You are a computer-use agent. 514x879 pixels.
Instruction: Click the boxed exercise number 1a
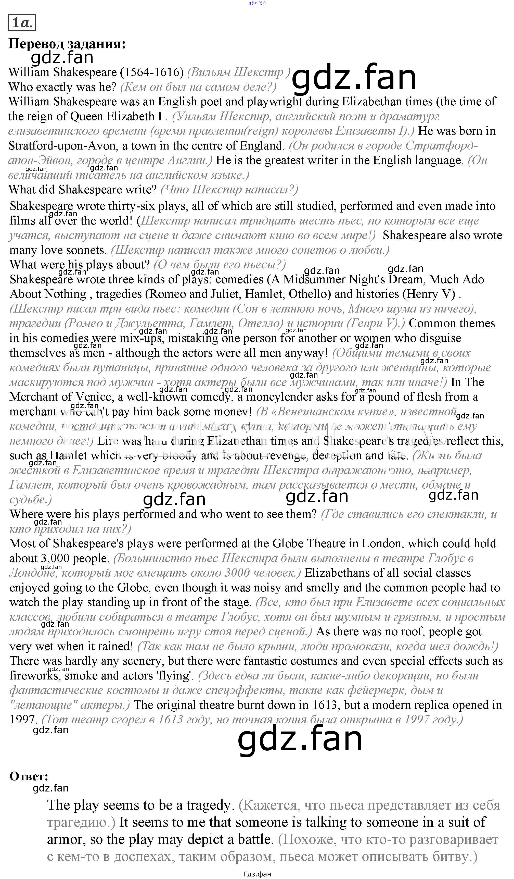click(x=22, y=23)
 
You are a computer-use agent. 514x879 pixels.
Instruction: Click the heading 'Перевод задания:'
click(x=67, y=44)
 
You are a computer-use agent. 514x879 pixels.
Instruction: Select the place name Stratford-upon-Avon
click(x=62, y=145)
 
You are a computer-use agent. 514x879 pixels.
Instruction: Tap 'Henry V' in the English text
click(x=431, y=294)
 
